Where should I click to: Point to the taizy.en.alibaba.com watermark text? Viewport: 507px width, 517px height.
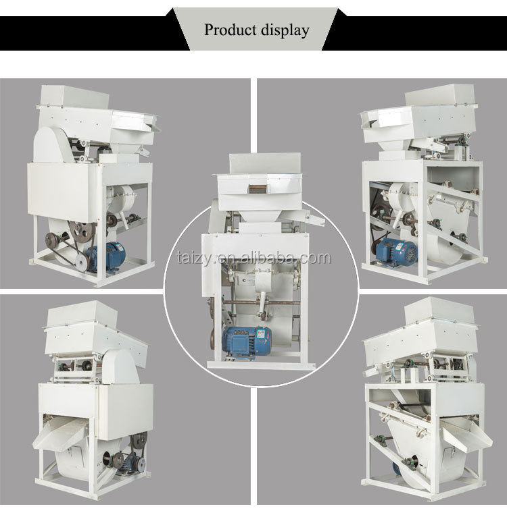253,258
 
